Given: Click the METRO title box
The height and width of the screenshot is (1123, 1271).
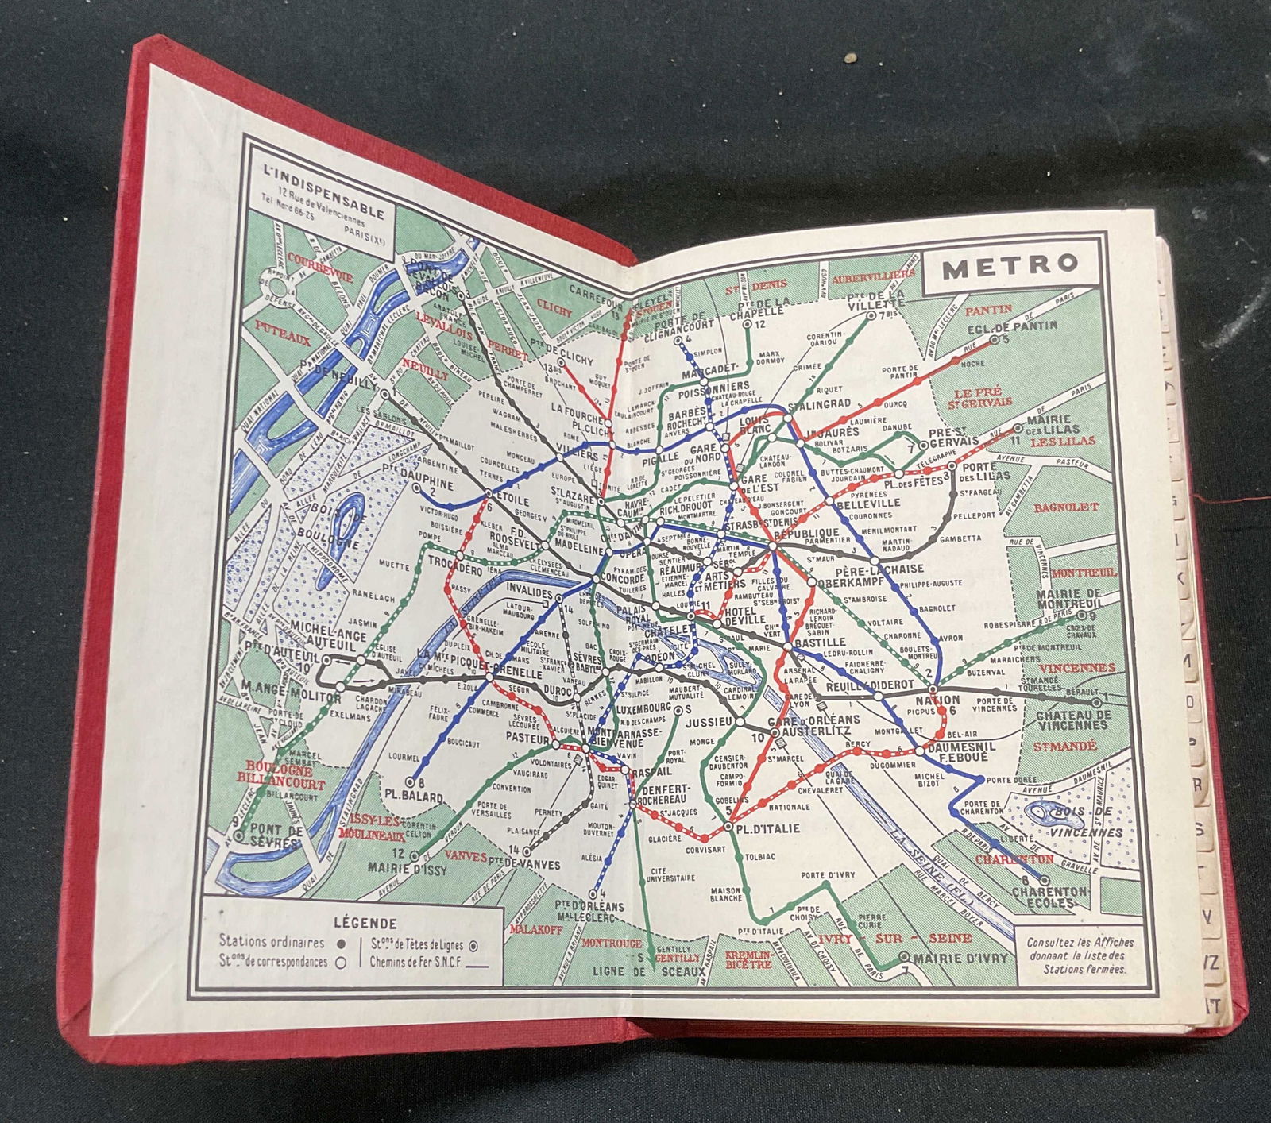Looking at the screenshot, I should pyautogui.click(x=1010, y=266).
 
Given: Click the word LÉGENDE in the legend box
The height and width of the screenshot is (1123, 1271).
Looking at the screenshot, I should pyautogui.click(x=365, y=923).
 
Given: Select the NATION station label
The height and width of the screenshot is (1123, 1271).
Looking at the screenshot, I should pyautogui.click(x=937, y=700).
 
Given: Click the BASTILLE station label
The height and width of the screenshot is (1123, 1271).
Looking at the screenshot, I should pyautogui.click(x=819, y=642).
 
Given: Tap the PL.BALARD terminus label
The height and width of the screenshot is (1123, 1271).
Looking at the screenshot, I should pyautogui.click(x=413, y=796).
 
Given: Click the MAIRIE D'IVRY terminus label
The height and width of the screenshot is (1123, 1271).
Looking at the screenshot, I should pyautogui.click(x=960, y=958).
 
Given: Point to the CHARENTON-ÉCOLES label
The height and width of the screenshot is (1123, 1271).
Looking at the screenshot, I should pyautogui.click(x=1049, y=897).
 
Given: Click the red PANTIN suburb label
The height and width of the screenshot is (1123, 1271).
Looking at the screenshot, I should pyautogui.click(x=988, y=310).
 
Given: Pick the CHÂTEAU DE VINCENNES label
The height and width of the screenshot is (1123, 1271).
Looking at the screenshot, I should pyautogui.click(x=1072, y=720).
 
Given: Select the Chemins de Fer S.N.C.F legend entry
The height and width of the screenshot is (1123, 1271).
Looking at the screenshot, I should pyautogui.click(x=422, y=962).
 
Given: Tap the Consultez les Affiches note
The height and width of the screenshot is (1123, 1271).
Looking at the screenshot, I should pyautogui.click(x=1080, y=955).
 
